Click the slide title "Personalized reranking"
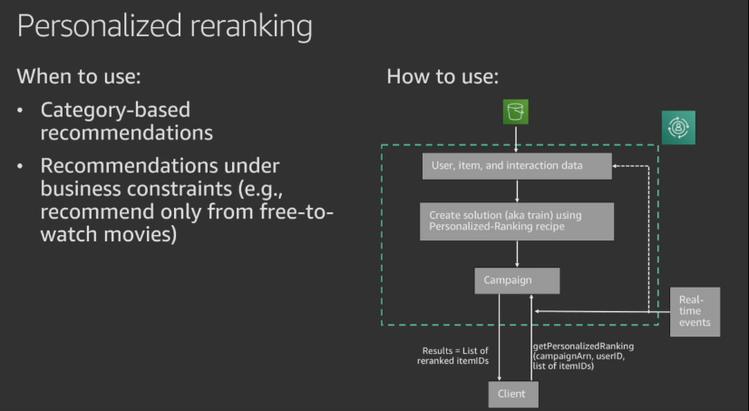[x=164, y=25]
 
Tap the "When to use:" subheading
[x=79, y=75]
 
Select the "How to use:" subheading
[x=443, y=75]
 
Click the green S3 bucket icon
[x=516, y=112]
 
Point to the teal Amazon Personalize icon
[x=677, y=127]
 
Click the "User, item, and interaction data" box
[x=516, y=166]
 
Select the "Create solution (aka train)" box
[x=516, y=220]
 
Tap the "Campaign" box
[x=516, y=280]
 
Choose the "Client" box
[x=512, y=394]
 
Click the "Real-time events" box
[x=695, y=311]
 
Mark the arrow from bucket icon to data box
[x=516, y=138]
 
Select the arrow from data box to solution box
[x=516, y=191]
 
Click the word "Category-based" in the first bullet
[x=115, y=111]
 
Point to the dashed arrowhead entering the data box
[x=618, y=166]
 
